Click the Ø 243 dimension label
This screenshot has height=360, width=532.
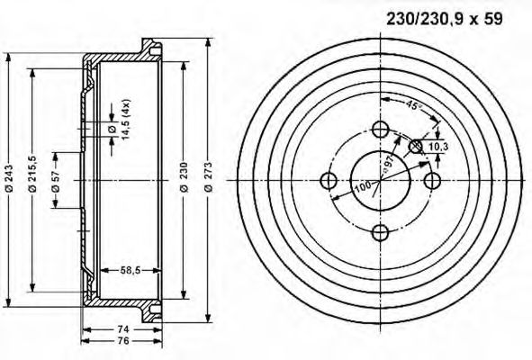(x=9, y=180)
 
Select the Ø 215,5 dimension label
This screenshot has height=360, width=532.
(x=32, y=180)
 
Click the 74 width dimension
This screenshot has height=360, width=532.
(x=122, y=329)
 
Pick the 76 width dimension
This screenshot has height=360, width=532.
(x=122, y=342)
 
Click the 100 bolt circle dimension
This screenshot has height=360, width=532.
(x=362, y=187)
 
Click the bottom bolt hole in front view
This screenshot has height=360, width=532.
(x=380, y=232)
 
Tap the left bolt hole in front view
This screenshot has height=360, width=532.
(x=328, y=181)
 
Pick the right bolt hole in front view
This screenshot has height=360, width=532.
(x=432, y=181)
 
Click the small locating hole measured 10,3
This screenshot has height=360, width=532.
(x=416, y=145)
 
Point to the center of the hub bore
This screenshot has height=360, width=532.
(x=380, y=180)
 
